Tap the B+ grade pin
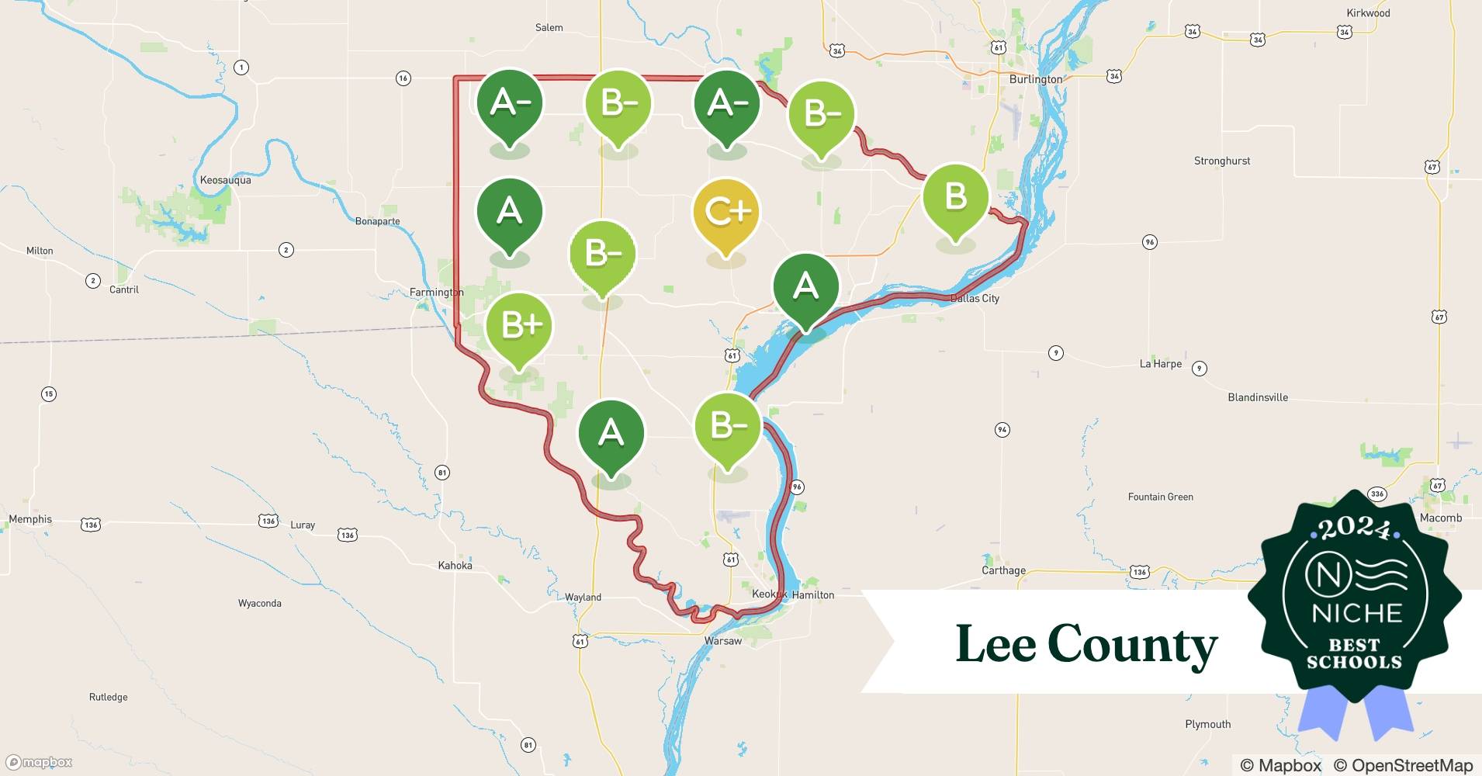(518, 327)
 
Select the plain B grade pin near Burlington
(955, 197)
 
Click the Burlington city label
(1035, 79)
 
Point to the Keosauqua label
(225, 180)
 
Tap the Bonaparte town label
(377, 221)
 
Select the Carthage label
(1003, 570)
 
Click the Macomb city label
(1440, 518)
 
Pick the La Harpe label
(1160, 364)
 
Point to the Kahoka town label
(455, 566)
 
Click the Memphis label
(30, 519)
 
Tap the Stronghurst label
(1221, 161)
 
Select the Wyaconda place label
(259, 603)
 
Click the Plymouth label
(1207, 724)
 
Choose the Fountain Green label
(1160, 497)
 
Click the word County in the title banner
(1132, 645)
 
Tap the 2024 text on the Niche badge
(1354, 528)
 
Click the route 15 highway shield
(49, 394)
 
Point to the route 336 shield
(1377, 494)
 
